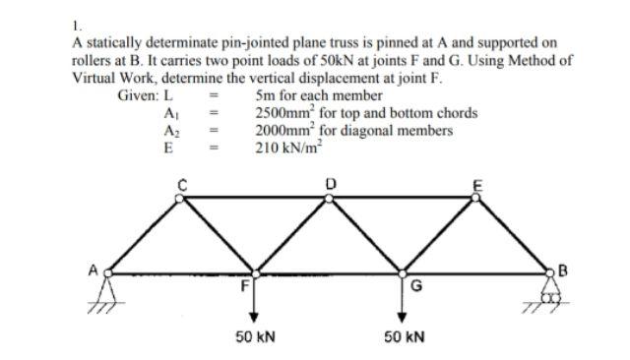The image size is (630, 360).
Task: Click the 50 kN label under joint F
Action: click(x=254, y=336)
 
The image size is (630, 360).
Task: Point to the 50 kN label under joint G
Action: click(x=403, y=336)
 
